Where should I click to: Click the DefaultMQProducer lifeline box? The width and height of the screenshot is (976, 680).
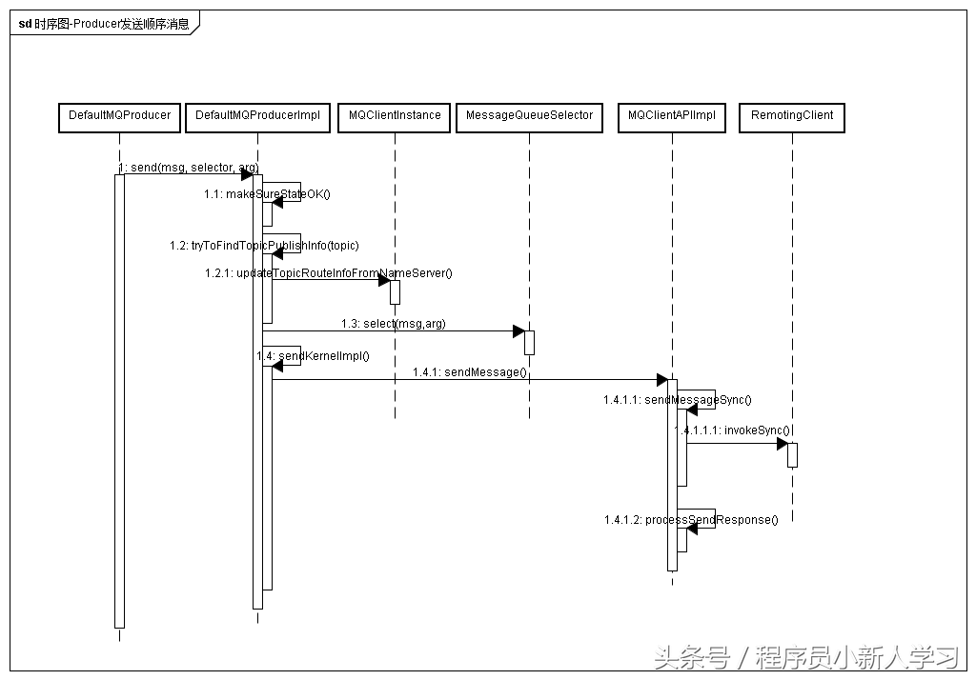(x=119, y=116)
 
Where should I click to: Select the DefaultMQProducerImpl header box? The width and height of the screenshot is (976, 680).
(x=257, y=116)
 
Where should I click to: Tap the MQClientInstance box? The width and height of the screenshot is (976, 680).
(x=395, y=116)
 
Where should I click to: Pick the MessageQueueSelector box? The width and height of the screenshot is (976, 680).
(x=529, y=116)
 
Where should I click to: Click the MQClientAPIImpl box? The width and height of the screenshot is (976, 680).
(x=672, y=116)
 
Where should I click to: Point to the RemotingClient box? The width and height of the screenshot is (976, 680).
(x=791, y=116)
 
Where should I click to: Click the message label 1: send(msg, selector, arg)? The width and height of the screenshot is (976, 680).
(x=188, y=168)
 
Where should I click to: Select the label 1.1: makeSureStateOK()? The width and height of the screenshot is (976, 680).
(x=267, y=194)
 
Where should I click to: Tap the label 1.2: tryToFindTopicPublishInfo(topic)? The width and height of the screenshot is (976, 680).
(x=264, y=246)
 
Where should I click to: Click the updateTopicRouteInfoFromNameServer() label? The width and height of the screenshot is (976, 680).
(x=328, y=273)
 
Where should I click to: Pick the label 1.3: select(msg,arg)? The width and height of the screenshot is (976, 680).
(x=393, y=324)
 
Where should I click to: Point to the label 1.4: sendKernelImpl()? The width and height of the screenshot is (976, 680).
(x=313, y=355)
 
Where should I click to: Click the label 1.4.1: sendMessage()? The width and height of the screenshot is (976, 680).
(x=469, y=371)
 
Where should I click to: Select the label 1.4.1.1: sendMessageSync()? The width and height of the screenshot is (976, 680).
(x=677, y=400)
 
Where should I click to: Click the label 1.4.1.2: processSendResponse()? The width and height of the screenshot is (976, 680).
(x=690, y=520)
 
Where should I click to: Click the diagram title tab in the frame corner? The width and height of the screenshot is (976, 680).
(x=103, y=24)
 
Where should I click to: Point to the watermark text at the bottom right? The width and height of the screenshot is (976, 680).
(x=805, y=657)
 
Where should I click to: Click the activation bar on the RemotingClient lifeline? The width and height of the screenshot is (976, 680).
(x=792, y=455)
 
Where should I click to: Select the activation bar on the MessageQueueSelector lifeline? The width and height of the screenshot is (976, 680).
(x=529, y=342)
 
